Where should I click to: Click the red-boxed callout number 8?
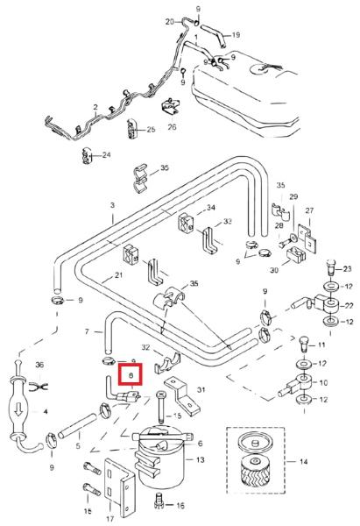(131, 376)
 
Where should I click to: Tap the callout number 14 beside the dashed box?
(303, 462)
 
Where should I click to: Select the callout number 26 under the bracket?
(172, 127)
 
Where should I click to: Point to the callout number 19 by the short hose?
(236, 35)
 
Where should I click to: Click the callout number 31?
(201, 389)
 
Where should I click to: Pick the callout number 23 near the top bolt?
(347, 269)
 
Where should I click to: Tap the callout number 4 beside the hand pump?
(46, 411)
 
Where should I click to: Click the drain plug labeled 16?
(159, 499)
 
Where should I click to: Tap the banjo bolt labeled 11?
(303, 343)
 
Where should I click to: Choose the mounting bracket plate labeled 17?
(120, 488)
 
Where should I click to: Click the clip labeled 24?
(87, 156)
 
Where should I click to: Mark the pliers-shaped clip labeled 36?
(39, 387)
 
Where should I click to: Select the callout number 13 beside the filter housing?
(200, 459)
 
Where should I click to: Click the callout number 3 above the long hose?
(113, 205)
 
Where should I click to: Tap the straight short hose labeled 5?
(77, 426)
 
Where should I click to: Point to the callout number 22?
(349, 305)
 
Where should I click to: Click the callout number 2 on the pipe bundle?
(95, 107)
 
